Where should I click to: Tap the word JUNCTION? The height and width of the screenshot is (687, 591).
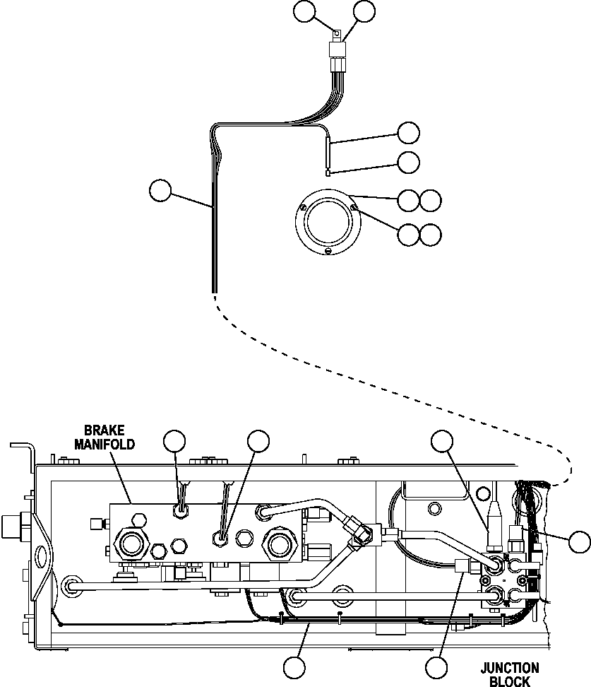510,668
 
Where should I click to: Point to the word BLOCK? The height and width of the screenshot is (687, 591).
510,681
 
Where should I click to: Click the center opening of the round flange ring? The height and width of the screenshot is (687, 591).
327,219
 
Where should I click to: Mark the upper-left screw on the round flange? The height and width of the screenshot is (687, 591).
302,207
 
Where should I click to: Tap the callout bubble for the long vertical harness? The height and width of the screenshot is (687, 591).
160,190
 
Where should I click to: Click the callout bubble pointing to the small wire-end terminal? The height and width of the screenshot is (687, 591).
408,162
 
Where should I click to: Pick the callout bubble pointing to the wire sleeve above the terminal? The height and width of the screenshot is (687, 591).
408,132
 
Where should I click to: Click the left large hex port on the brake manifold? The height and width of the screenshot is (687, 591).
131,544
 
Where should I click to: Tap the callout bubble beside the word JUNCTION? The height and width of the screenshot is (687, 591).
437,667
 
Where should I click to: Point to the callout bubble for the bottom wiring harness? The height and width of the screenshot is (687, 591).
294,667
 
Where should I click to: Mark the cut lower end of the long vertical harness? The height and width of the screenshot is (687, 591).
213,288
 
